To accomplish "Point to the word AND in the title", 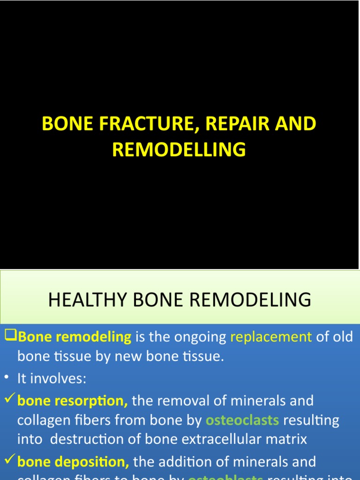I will coord(297,124).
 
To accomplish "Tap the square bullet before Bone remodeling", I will coord(10,336).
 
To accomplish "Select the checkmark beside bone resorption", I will coord(9,400).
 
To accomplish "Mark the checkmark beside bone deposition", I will coord(9,461).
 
